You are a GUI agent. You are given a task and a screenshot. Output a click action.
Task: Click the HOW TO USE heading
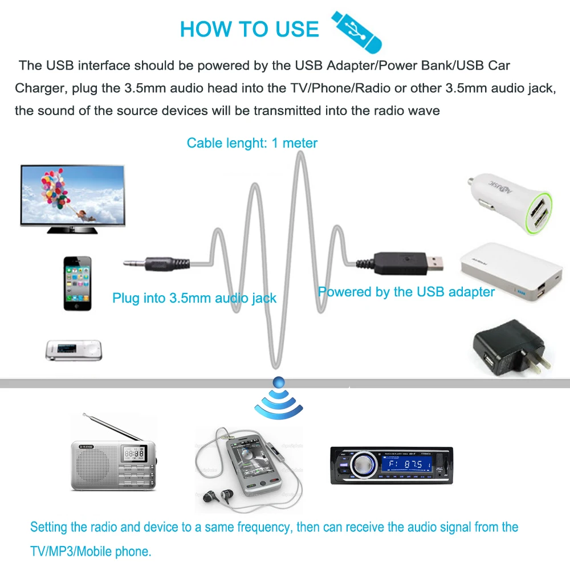[x=250, y=29]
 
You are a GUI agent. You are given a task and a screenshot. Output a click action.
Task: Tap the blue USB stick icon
[x=356, y=31]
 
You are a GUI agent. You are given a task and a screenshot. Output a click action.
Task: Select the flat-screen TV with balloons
[x=72, y=199]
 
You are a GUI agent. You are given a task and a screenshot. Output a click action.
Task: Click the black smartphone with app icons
[x=78, y=283]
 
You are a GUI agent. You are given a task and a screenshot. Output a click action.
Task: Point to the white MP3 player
[x=74, y=351]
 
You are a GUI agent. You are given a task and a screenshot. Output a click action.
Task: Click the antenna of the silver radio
[x=113, y=427]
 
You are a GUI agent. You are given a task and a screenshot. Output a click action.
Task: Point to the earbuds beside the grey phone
[x=218, y=496]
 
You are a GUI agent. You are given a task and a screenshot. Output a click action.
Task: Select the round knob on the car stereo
[x=363, y=465]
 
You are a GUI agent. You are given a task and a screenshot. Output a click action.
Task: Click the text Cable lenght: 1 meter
[x=252, y=143]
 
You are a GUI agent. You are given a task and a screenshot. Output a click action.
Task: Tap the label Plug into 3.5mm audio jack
[x=194, y=298]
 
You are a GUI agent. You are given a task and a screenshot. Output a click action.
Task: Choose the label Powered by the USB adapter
[x=406, y=292]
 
